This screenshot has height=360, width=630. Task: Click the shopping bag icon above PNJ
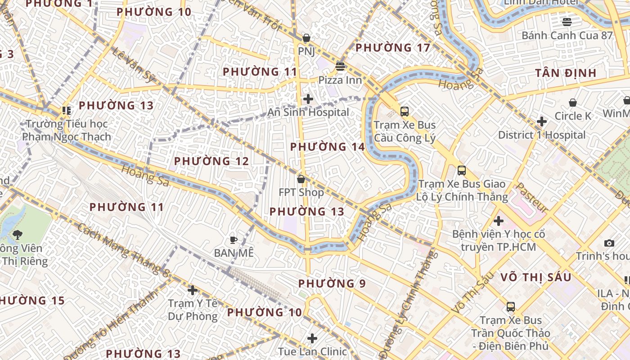(x=306, y=38)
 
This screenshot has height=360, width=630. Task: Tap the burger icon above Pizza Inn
(x=340, y=67)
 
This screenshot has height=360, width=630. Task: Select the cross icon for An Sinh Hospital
(x=308, y=99)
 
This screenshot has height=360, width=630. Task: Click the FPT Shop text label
(x=301, y=193)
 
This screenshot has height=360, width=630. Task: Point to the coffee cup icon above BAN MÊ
(x=233, y=240)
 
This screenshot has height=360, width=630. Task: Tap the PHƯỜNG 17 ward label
(x=392, y=48)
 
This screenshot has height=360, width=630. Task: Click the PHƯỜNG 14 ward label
(x=327, y=147)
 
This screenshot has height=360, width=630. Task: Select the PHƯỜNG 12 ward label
(x=211, y=161)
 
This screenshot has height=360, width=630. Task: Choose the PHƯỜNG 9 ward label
(x=332, y=283)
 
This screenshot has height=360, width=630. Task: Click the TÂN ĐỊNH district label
(x=566, y=73)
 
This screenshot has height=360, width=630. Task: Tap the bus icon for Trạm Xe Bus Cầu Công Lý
(x=405, y=111)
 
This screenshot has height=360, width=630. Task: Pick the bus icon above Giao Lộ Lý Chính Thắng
(x=462, y=171)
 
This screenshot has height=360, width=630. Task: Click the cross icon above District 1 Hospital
(x=542, y=121)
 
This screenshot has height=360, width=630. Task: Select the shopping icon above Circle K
(x=573, y=103)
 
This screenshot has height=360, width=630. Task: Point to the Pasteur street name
(x=531, y=198)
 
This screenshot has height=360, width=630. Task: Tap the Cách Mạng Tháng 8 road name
(x=123, y=249)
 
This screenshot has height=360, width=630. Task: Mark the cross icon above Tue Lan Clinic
(x=312, y=338)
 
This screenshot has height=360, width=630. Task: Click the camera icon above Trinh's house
(x=609, y=243)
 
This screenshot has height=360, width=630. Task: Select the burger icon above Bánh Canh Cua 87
(x=567, y=22)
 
